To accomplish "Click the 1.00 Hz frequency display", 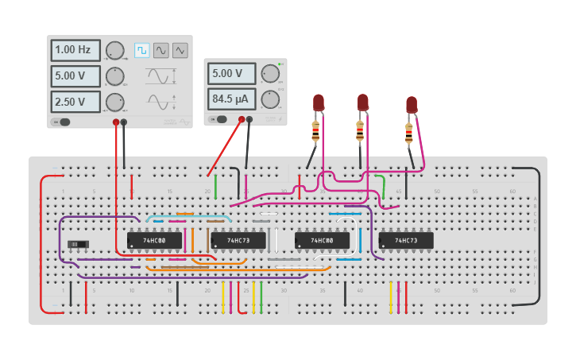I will [76, 50].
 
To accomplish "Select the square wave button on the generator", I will [142, 50].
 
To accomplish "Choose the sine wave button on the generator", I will [161, 50].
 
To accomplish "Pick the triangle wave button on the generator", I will [180, 50].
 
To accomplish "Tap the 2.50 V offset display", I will [76, 102].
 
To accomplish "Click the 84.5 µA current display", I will [233, 99].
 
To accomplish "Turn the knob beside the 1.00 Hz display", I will [115, 51].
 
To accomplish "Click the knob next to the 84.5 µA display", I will [271, 99].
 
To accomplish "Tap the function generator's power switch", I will [61, 122].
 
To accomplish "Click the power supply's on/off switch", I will [218, 120].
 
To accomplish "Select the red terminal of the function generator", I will [116, 122].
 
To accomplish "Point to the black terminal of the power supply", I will [249, 120].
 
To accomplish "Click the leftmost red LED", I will [319, 103].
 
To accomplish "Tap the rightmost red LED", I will [411, 105].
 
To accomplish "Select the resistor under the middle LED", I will [361, 130].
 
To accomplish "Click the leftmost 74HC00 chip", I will [154, 240].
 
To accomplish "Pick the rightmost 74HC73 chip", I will [405, 240].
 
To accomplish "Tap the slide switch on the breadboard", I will [77, 244].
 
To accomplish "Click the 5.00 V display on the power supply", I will [233, 74].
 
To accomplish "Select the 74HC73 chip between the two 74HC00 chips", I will [238, 240].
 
